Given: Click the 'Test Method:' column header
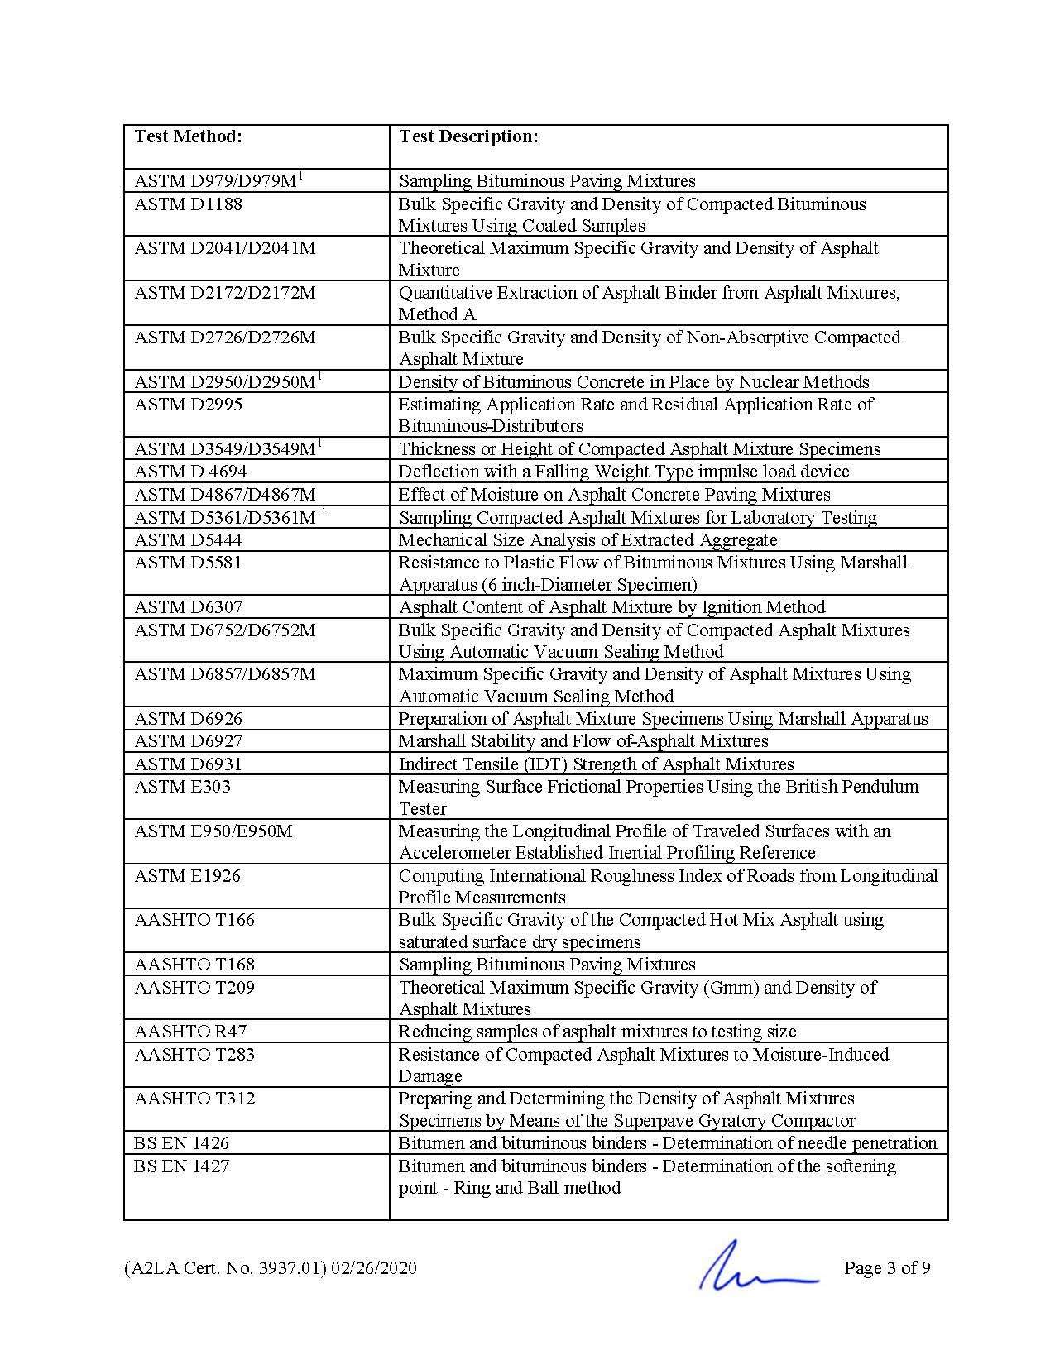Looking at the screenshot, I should pos(188,136).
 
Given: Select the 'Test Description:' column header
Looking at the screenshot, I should pos(468,136).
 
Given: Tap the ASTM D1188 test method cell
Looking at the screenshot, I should pos(188,204).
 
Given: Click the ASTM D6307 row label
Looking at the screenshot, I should pos(188,607).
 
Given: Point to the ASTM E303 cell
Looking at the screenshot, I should pos(182,787).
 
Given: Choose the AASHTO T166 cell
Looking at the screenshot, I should pos(194,920).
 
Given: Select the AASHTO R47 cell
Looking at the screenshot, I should pos(190,1032).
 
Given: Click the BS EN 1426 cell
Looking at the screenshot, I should pos(181,1143).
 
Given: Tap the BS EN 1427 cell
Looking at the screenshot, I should pos(181,1166).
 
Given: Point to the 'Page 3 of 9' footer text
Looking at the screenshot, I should pos(887,1268).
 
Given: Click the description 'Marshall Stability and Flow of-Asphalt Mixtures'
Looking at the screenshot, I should pos(583,741).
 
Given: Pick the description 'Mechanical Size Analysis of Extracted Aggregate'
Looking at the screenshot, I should pos(587,540).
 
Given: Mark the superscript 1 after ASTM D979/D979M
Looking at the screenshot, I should pos(300,175).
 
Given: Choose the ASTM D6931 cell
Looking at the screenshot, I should pos(188,764).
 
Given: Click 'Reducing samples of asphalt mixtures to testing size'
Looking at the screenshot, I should pos(597,1032).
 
